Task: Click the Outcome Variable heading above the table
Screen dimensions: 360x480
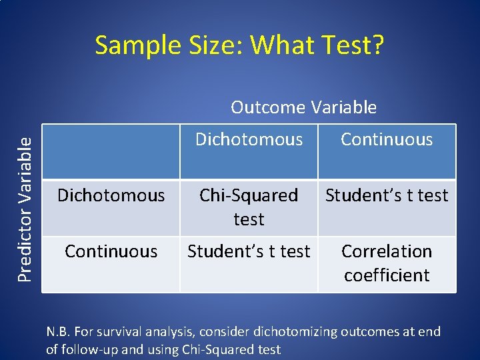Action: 303,107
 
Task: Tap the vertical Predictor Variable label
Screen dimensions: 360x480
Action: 25,200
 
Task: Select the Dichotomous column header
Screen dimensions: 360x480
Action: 249,139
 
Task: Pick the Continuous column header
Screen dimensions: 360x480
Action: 387,139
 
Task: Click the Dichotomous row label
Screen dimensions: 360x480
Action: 111,195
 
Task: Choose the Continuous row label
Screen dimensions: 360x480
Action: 111,251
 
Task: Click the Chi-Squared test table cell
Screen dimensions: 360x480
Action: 249,207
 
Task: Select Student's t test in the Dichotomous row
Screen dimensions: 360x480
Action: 387,195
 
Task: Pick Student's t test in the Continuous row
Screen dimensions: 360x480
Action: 249,251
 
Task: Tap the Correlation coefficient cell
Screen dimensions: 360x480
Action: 387,263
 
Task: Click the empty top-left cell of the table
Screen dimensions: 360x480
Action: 111,152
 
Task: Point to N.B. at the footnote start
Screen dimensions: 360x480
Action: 59,331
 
